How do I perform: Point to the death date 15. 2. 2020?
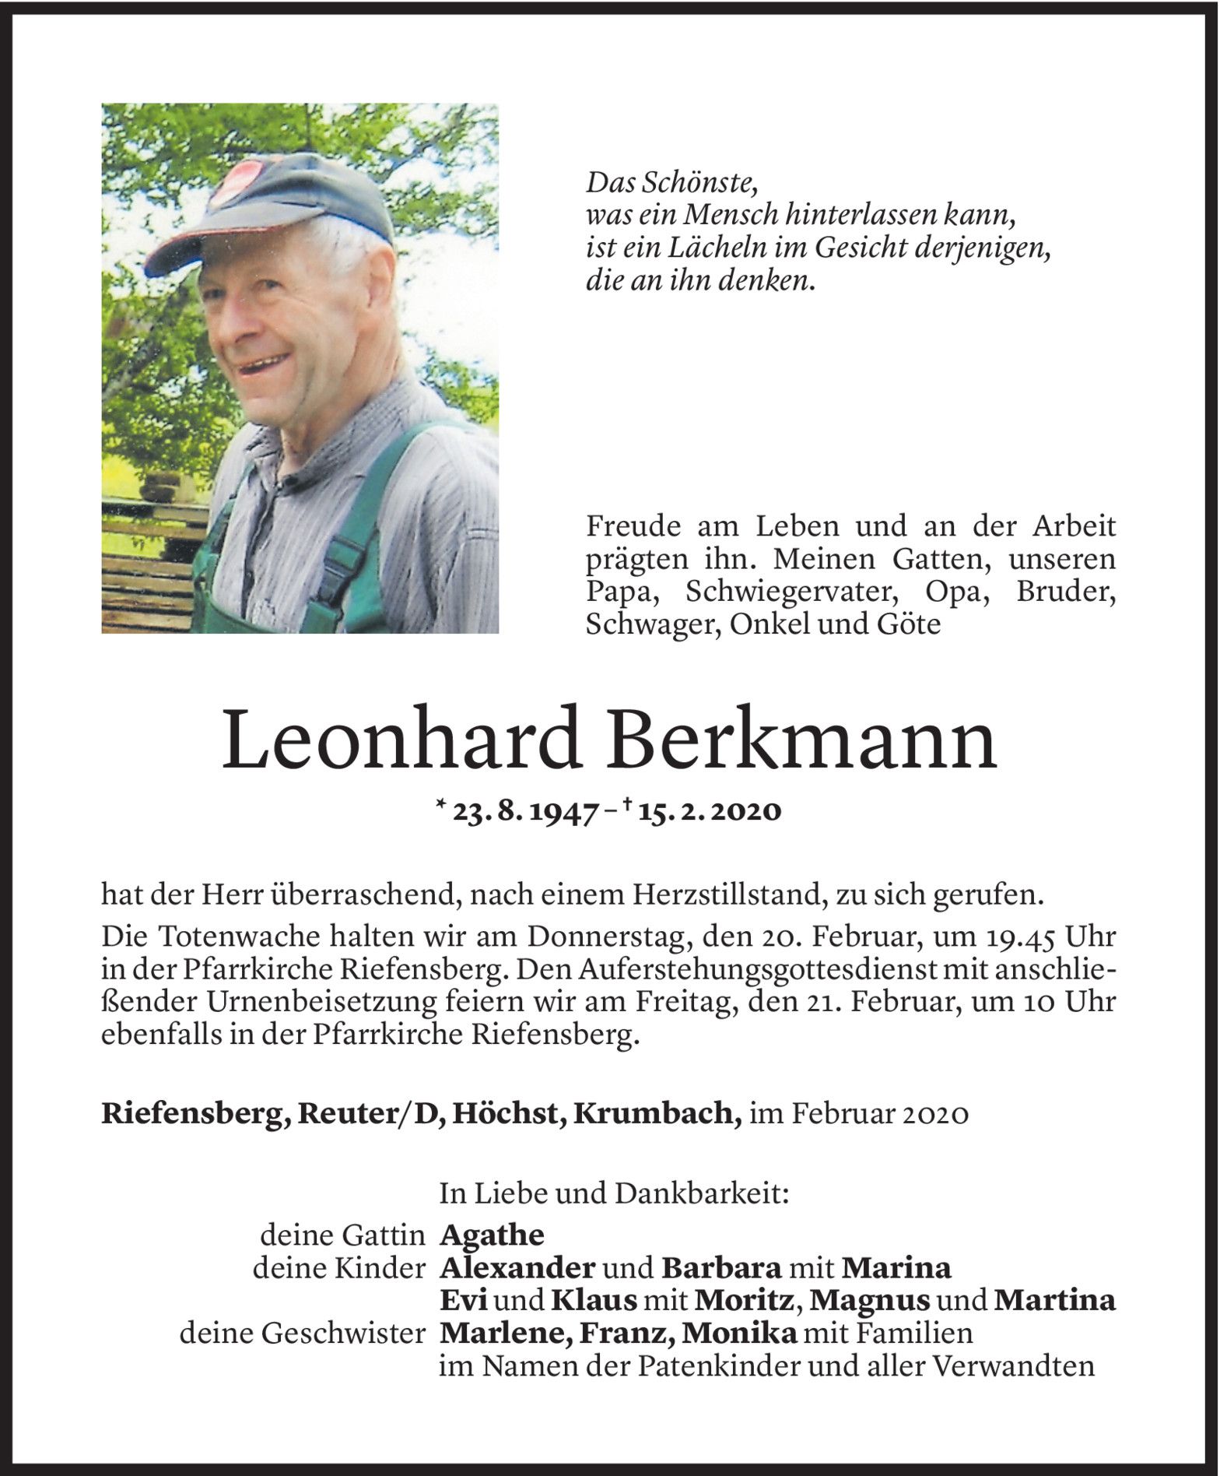708,811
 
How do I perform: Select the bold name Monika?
739,1334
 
